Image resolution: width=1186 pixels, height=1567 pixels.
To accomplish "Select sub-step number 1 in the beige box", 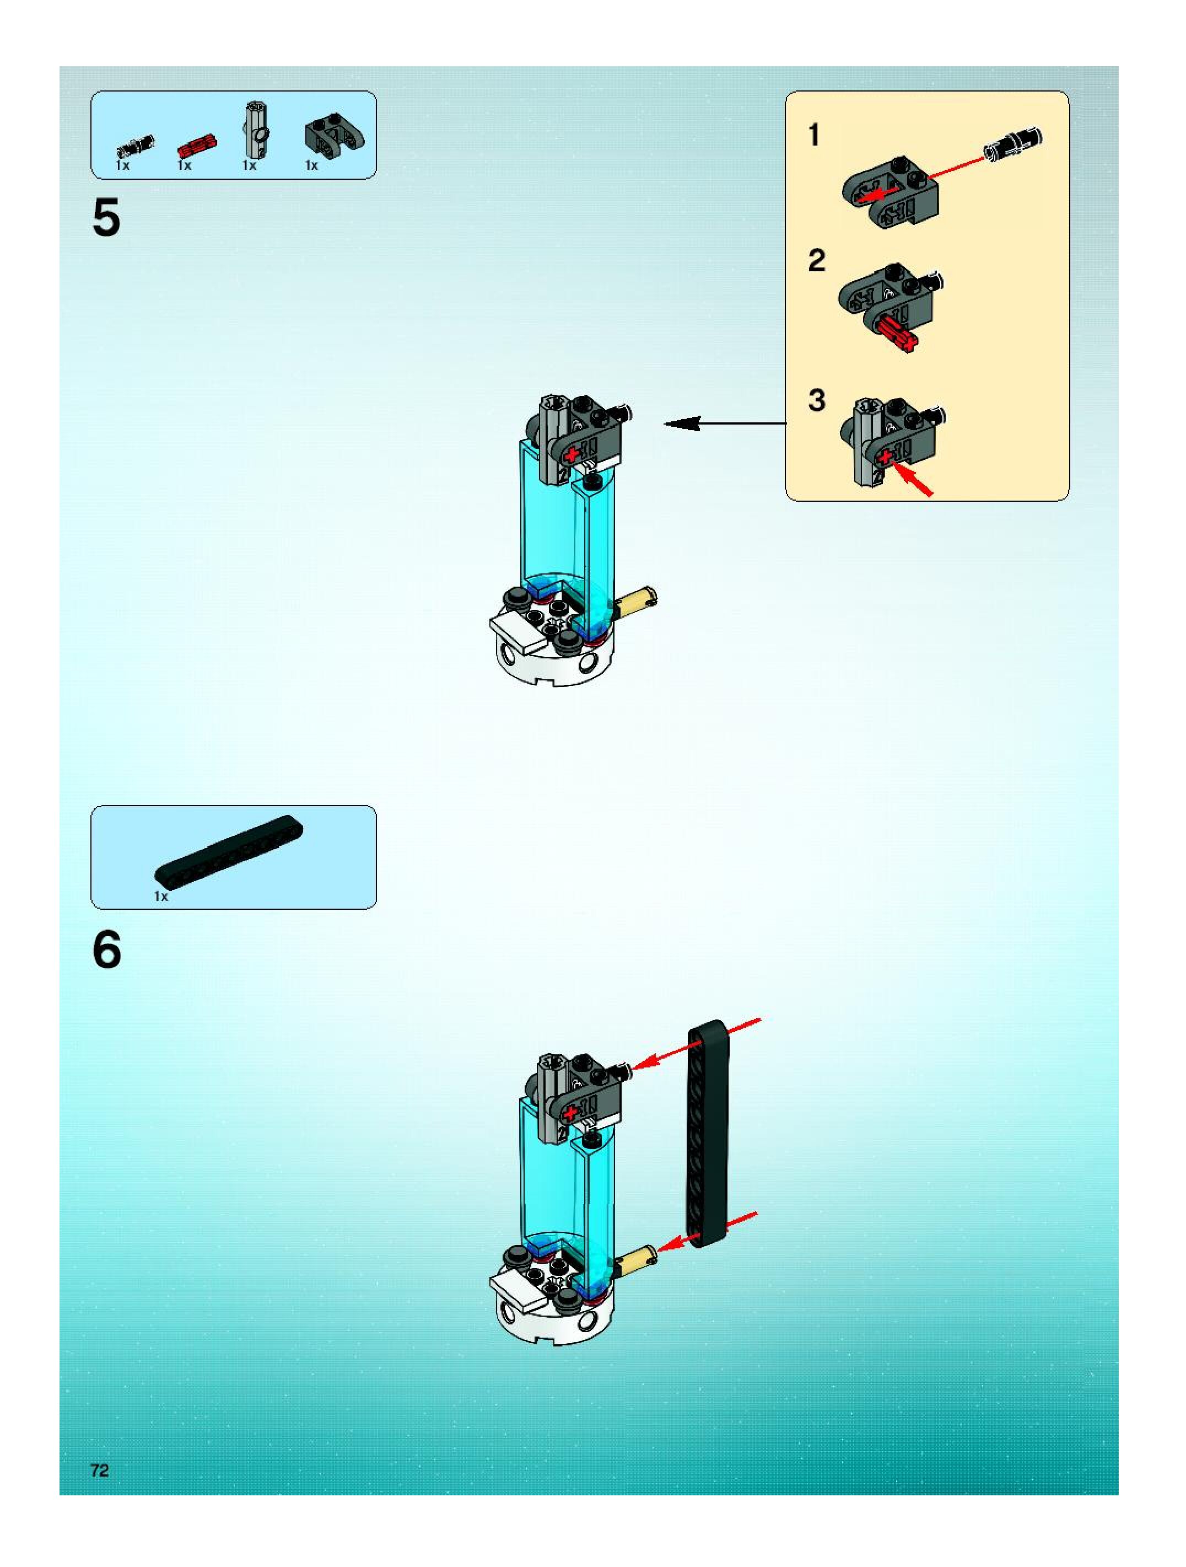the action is [x=814, y=135].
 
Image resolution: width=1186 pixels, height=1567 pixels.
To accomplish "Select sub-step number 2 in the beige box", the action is [x=816, y=261].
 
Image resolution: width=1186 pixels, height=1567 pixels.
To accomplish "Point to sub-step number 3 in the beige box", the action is [x=816, y=401].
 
